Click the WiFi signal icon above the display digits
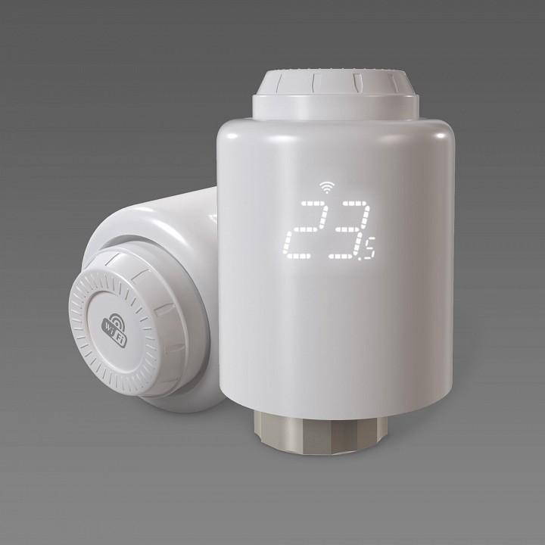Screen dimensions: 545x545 tap(327, 188)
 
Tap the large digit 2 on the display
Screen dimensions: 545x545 tap(305, 230)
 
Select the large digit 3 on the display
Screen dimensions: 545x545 tap(349, 230)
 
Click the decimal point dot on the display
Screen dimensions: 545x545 tap(360, 258)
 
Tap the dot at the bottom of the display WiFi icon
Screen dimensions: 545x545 tap(327, 192)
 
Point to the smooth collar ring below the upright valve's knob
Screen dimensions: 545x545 tap(335, 107)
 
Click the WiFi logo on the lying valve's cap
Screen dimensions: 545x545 tap(115, 330)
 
